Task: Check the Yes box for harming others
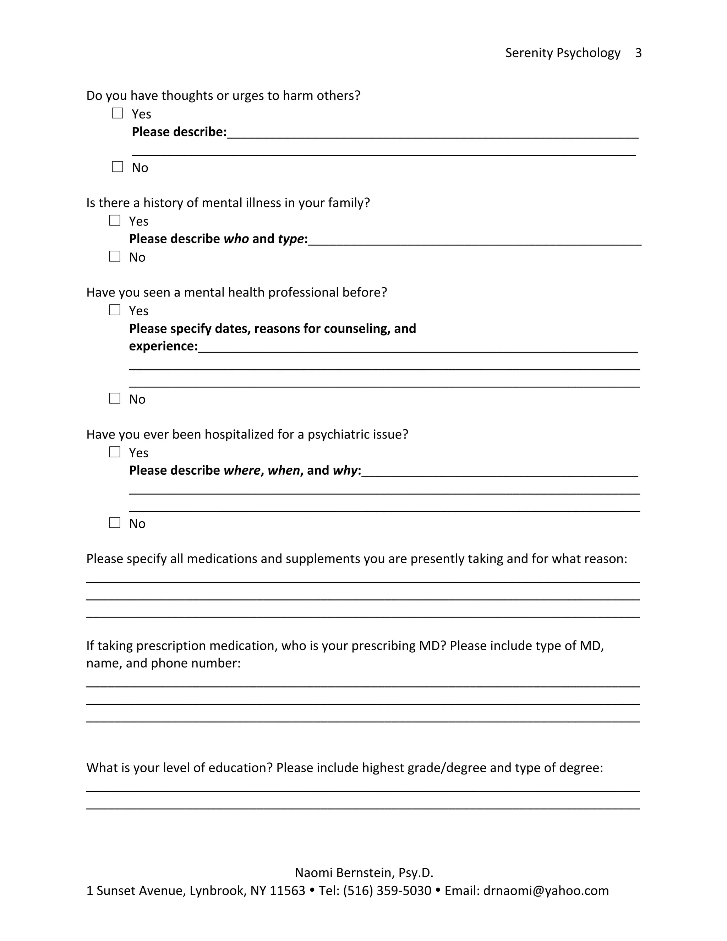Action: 117,113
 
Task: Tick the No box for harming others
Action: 117,167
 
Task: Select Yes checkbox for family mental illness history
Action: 115,221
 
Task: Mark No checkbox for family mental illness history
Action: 115,256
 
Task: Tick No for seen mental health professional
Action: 115,398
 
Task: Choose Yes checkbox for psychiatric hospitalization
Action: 115,452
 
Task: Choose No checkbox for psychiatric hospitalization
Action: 115,523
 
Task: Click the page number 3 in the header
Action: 638,53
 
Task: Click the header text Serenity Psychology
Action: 563,53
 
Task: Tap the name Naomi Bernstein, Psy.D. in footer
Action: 364,872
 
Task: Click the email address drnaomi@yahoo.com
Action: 546,891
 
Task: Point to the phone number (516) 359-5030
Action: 387,891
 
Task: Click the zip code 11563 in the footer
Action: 287,891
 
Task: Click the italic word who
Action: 236,239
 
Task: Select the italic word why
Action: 345,470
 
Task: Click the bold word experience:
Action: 163,346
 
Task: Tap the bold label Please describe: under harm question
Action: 179,132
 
